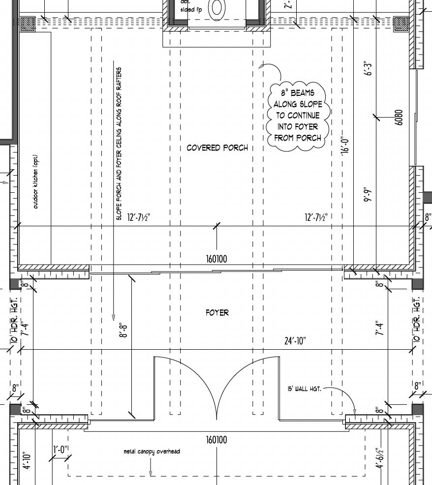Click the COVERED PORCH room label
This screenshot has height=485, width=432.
[217, 148]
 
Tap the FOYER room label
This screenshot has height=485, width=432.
[217, 312]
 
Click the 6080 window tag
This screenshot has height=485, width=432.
[399, 117]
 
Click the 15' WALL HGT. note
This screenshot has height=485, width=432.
[304, 389]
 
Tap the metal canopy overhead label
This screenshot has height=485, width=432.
[152, 451]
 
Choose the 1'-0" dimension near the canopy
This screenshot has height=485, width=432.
[61, 449]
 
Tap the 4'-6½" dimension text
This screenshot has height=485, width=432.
[379, 459]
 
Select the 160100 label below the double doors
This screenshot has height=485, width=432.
[216, 440]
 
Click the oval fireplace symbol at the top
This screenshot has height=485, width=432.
[216, 8]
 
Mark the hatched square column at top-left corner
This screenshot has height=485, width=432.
[28, 23]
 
